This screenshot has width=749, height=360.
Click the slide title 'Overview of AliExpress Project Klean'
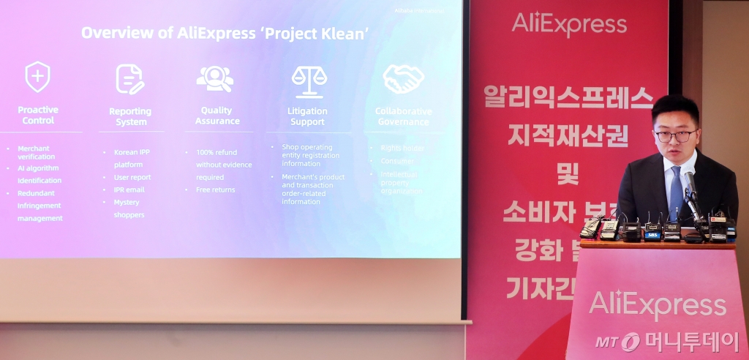pos(225,32)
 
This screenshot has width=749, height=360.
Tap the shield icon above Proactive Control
pos(37,77)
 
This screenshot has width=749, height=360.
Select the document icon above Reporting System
pos(130,79)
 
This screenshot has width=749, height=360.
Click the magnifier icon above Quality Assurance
pos(215,78)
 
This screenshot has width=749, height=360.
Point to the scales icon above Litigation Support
pos(309,80)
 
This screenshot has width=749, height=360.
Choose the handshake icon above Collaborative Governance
pos(403,79)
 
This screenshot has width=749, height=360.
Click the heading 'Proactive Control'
pos(38,115)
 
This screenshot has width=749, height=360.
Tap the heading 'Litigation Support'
pos(307,116)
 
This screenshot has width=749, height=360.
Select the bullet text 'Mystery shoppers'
pos(129,209)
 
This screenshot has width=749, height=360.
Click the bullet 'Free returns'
pos(216,190)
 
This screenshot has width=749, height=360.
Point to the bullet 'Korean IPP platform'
pos(132,158)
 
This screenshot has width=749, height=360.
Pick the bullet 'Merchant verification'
pos(37,152)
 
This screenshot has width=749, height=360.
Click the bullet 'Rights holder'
pos(402,147)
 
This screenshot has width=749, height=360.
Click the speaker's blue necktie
pos(676,192)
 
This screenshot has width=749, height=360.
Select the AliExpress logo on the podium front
pos(657,304)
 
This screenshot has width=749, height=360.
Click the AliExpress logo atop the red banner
pos(569,24)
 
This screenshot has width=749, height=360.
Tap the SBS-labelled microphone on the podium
pos(652,230)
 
